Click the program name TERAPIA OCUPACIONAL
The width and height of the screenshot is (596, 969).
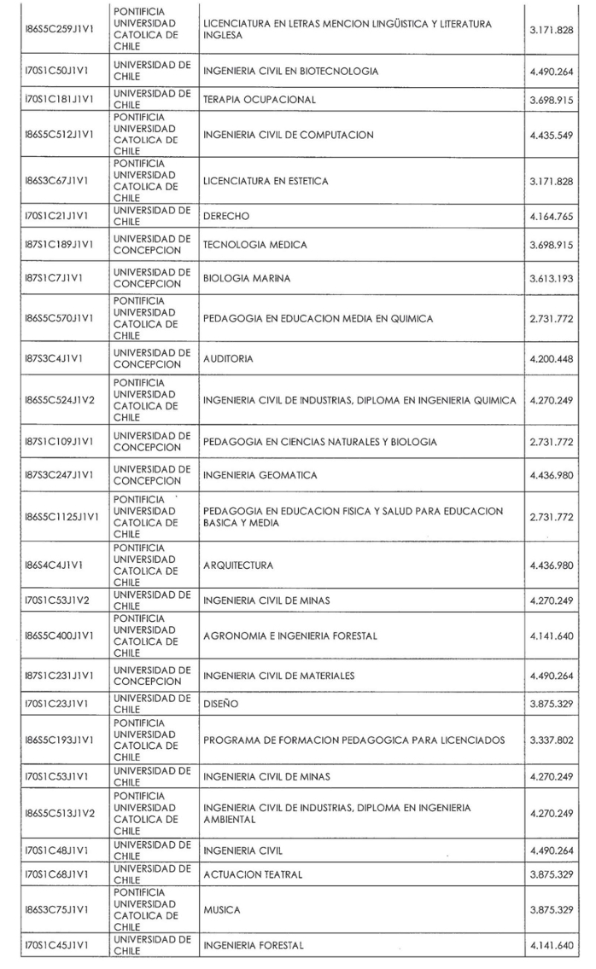pyautogui.click(x=259, y=100)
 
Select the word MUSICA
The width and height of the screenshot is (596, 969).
pyautogui.click(x=221, y=909)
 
